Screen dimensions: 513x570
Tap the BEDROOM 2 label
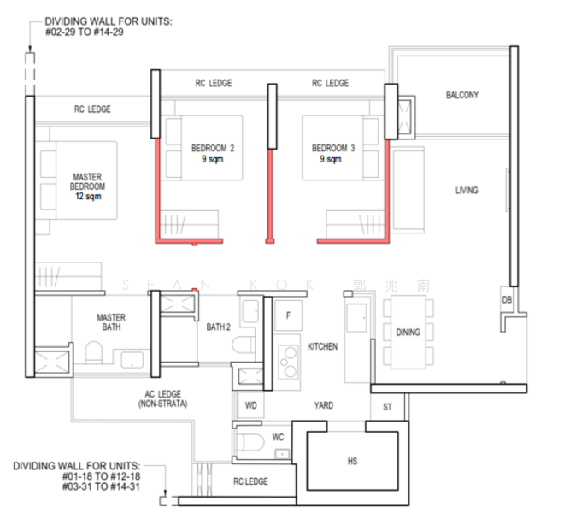click(x=213, y=148)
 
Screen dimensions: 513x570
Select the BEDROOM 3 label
click(x=332, y=148)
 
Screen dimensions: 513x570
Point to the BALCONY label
click(x=461, y=95)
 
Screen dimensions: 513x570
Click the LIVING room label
click(x=467, y=190)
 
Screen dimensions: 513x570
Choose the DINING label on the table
click(x=408, y=333)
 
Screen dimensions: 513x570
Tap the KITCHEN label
click(x=322, y=347)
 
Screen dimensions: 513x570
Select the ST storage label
click(x=387, y=407)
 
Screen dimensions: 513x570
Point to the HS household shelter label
click(x=352, y=462)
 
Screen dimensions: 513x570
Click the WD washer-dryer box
click(x=251, y=405)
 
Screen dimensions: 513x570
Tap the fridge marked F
click(x=288, y=315)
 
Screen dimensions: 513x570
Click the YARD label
click(x=323, y=405)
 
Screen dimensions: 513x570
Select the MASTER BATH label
click(x=111, y=322)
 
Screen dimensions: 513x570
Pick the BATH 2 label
click(x=218, y=327)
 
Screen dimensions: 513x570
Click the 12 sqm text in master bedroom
click(x=88, y=196)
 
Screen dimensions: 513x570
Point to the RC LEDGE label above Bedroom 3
click(x=330, y=83)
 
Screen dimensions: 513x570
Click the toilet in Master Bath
click(x=95, y=353)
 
